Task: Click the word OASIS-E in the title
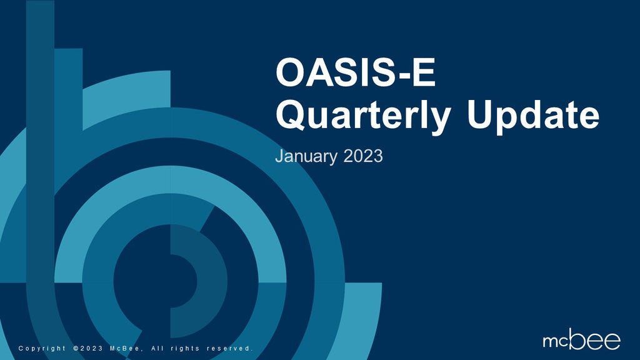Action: click(x=354, y=74)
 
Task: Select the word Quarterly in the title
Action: click(x=363, y=116)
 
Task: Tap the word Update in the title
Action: click(x=533, y=116)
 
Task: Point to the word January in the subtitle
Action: click(x=307, y=156)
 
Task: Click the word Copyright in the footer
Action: click(x=42, y=348)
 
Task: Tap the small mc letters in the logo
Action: click(x=556, y=341)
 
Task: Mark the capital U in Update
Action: click(x=482, y=115)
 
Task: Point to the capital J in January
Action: click(x=279, y=156)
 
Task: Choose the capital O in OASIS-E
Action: click(x=290, y=74)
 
